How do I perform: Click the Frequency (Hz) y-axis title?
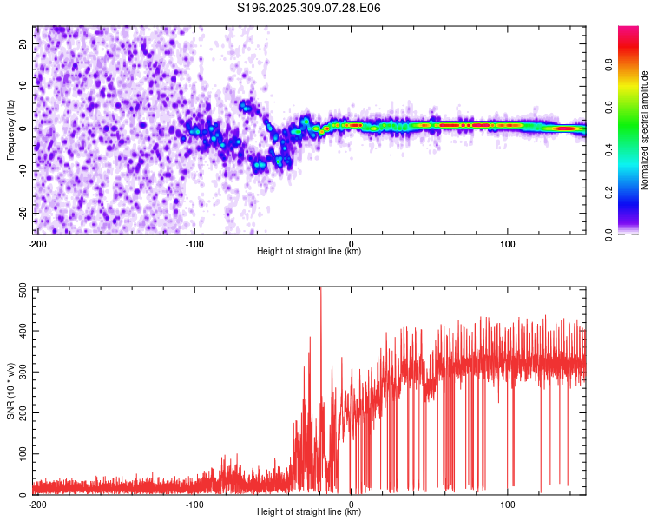(10, 130)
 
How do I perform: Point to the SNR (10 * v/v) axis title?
(10, 391)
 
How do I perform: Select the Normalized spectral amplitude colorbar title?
(644, 130)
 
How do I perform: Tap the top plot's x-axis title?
(309, 251)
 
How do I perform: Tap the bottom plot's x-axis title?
(309, 511)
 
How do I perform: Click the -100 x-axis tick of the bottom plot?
(194, 504)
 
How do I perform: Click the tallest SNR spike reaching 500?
(320, 290)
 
